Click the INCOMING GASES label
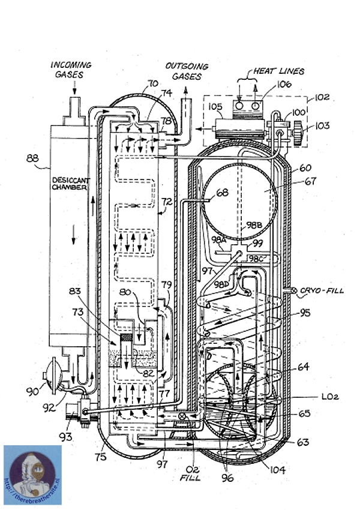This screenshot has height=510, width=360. [x=71, y=69]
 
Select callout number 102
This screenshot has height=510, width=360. [x=322, y=97]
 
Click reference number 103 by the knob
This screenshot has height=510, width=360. [x=322, y=126]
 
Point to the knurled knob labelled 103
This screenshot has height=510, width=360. [x=296, y=129]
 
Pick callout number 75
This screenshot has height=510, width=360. [x=100, y=457]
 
